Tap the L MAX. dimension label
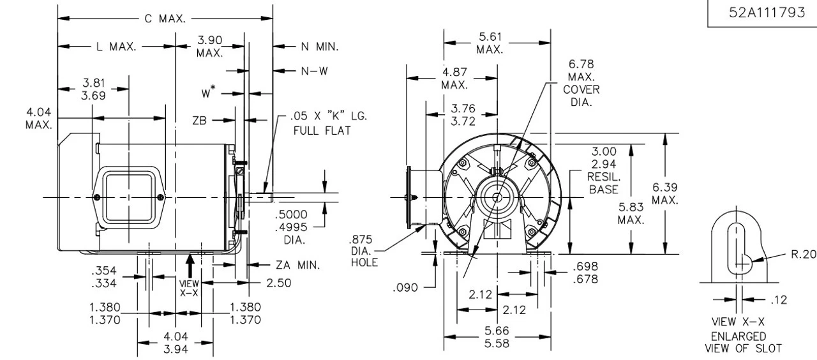[115, 47]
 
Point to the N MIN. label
[319, 47]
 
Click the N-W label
[315, 71]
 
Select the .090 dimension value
[405, 287]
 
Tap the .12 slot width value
[779, 299]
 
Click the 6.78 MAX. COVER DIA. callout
[581, 84]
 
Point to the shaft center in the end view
[497, 197]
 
